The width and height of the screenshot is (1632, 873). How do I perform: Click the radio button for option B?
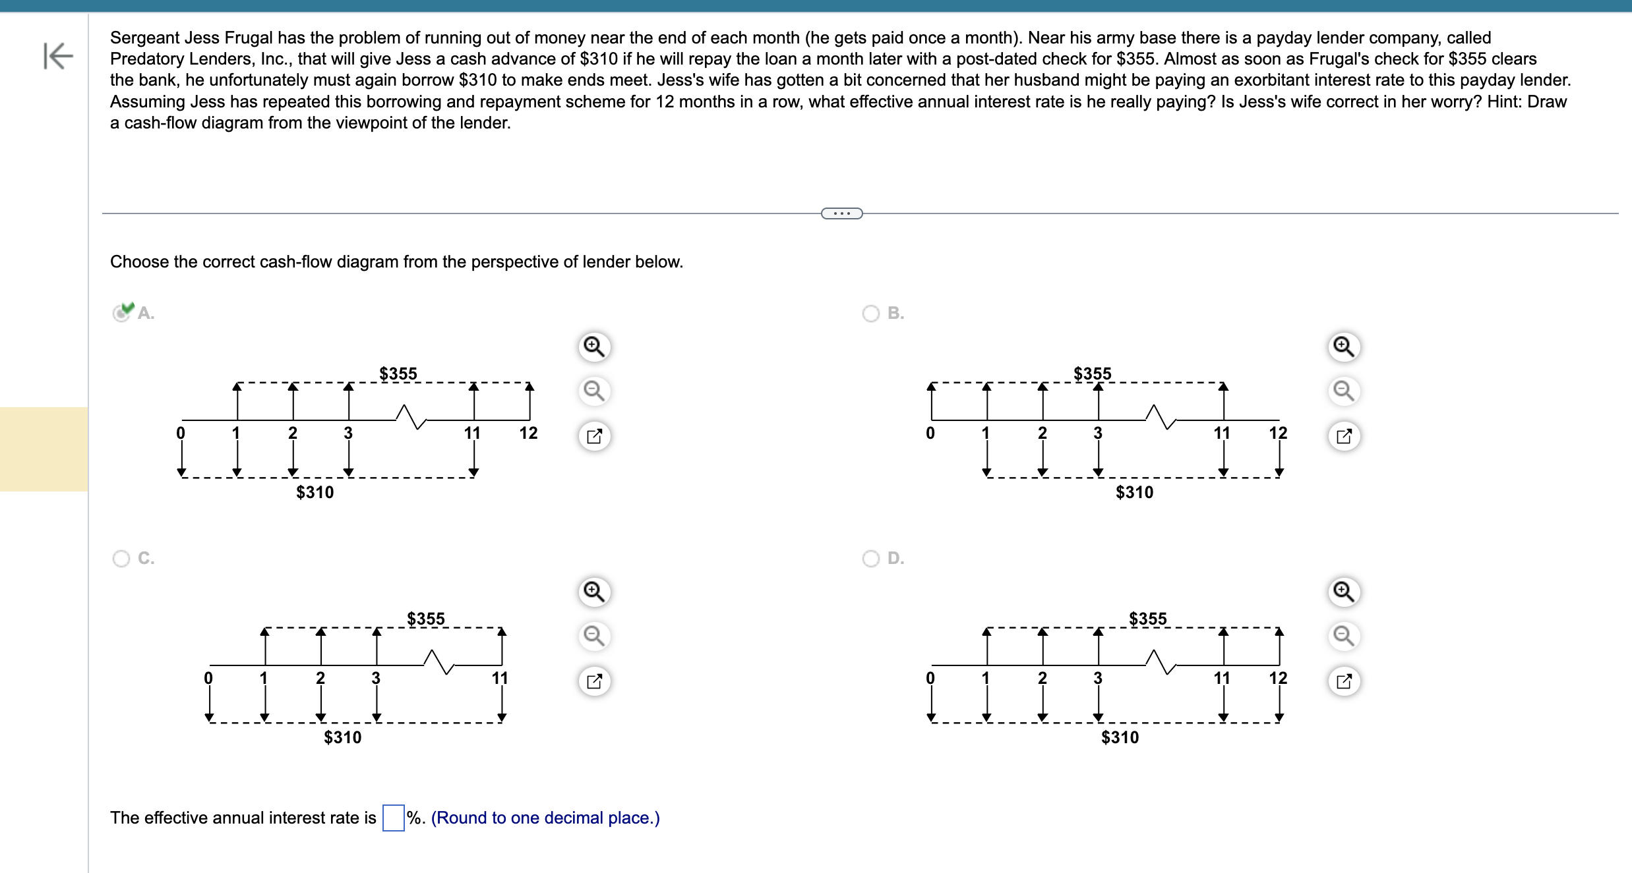871,314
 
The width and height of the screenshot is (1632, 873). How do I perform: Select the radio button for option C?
121,559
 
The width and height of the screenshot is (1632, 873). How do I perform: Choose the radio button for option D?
871,559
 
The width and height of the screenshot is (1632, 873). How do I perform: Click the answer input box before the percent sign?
393,818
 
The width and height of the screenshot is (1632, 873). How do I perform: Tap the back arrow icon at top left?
57,55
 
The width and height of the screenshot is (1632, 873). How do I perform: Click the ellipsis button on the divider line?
841,213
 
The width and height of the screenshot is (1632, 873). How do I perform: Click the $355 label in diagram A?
398,374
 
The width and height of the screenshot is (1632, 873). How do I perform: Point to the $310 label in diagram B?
1134,492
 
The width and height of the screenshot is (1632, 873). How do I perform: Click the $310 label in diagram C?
342,737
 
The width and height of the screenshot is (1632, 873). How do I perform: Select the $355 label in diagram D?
1147,619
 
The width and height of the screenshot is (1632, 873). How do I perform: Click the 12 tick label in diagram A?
528,433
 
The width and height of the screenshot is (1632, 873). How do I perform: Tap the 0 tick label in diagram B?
930,433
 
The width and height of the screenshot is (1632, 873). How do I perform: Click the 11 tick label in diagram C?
500,678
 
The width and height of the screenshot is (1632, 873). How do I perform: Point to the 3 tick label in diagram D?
1097,678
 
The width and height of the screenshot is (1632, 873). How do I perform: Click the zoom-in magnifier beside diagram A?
594,347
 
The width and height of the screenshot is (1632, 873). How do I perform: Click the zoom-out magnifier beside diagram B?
1344,391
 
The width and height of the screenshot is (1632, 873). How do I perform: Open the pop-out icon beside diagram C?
594,681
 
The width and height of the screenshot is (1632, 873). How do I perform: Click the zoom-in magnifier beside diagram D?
1344,592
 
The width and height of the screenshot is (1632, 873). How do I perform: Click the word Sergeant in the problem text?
144,38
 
